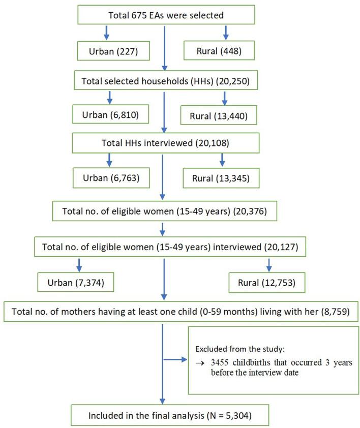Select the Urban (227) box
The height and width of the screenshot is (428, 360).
click(107, 50)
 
